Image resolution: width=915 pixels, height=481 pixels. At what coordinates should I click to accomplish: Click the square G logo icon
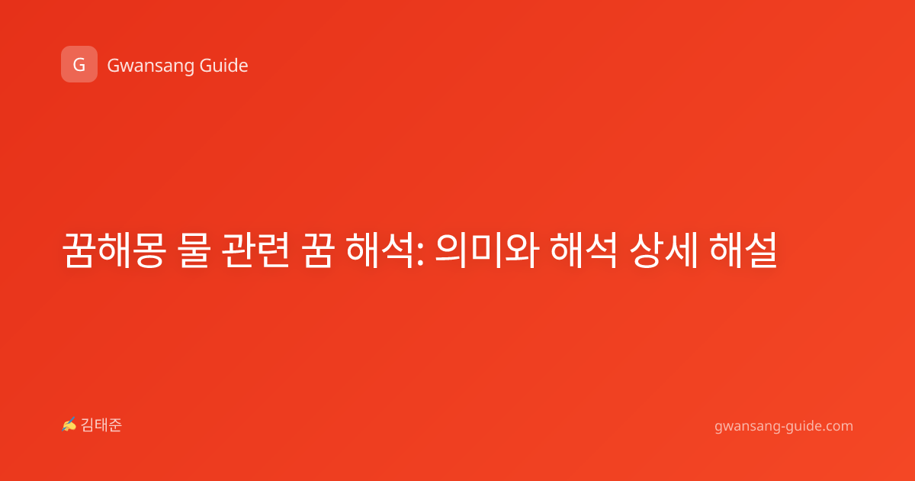(x=79, y=64)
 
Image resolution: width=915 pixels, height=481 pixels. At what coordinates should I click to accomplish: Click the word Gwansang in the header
(x=150, y=66)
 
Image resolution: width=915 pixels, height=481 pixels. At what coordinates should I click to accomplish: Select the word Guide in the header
(x=224, y=66)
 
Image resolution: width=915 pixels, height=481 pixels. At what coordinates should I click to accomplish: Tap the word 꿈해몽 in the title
(x=114, y=250)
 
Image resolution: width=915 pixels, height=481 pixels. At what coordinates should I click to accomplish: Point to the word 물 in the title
(x=194, y=250)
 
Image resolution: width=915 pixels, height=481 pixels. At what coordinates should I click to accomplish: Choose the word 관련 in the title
(x=255, y=250)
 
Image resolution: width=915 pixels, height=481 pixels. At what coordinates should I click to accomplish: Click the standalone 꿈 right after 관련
(x=317, y=250)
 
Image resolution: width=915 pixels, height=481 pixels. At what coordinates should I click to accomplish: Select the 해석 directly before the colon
(x=380, y=250)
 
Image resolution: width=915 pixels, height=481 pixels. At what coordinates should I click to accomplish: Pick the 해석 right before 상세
(x=584, y=250)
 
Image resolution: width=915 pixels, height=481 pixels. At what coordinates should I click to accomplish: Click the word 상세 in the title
(x=663, y=250)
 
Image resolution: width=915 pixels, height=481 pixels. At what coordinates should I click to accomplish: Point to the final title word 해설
(x=743, y=250)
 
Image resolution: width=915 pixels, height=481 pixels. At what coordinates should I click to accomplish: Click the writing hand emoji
(x=69, y=425)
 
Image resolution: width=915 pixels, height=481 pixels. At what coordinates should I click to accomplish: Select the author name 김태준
(x=101, y=425)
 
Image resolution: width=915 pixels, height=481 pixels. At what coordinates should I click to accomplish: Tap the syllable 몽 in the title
(x=150, y=250)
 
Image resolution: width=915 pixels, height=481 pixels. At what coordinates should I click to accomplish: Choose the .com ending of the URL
(x=837, y=426)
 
